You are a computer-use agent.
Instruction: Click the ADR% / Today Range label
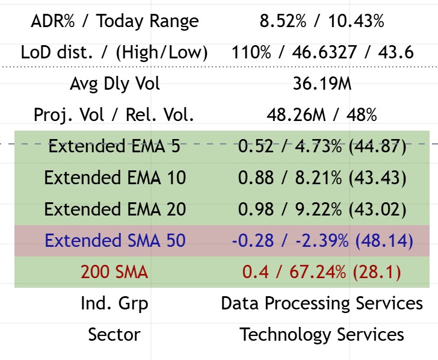114,22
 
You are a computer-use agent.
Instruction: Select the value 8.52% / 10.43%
322,22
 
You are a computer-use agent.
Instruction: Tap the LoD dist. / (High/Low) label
114,53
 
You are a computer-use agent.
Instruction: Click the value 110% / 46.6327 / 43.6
322,53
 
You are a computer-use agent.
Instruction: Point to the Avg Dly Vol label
114,84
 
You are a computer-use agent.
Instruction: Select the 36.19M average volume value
322,84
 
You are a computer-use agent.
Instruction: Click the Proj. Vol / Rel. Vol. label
114,115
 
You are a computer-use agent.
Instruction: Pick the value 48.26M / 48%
322,115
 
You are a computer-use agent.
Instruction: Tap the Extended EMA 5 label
114,146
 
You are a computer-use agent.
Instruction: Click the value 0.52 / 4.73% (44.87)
322,146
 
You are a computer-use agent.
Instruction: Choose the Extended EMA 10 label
114,178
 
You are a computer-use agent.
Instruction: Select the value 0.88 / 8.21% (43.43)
322,178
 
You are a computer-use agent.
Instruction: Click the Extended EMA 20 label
114,209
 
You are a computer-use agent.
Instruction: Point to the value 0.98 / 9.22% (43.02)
322,209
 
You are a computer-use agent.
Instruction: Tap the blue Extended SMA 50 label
114,241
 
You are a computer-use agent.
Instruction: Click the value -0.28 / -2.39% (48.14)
322,241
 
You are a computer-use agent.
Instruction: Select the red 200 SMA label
114,272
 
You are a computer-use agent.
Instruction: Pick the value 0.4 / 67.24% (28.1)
322,272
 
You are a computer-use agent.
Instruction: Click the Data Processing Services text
322,303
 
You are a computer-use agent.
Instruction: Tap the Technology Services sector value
322,334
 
